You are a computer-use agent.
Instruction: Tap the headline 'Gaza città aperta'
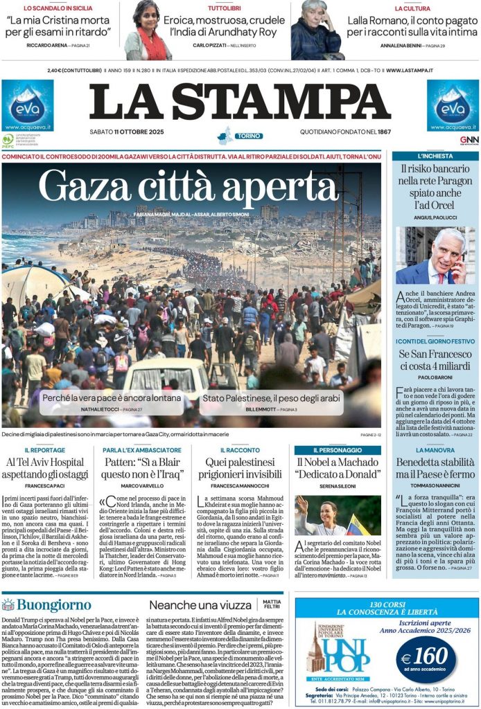click(x=189, y=186)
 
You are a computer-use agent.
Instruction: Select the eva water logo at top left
click(x=27, y=105)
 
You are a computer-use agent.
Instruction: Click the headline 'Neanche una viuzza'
click(x=200, y=604)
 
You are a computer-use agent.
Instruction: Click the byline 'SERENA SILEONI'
click(x=338, y=486)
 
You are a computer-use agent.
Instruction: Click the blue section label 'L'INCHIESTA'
click(x=435, y=156)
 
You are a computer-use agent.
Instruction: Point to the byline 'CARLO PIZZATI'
click(x=210, y=45)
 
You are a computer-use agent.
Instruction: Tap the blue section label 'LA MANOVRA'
click(x=435, y=449)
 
